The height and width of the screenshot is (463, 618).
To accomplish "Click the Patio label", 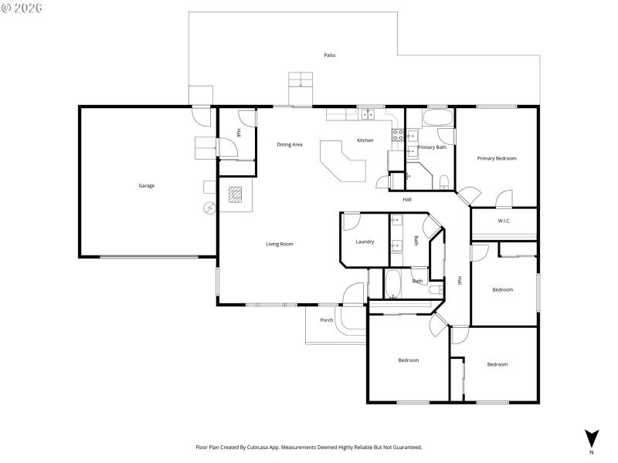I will [x=330, y=55].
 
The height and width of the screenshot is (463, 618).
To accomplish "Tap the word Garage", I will [x=147, y=185].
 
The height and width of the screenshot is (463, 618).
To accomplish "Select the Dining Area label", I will [x=290, y=144].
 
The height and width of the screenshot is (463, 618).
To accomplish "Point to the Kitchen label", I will [x=365, y=140].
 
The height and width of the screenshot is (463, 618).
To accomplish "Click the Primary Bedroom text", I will [x=497, y=158].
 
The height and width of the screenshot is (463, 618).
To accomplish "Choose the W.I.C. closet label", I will [x=504, y=221].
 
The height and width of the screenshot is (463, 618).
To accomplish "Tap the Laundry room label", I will [x=365, y=242].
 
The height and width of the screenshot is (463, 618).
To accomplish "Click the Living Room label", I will [x=280, y=244].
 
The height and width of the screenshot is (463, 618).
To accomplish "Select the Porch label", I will [x=327, y=319].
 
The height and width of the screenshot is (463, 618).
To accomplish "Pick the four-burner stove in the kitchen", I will [x=398, y=135].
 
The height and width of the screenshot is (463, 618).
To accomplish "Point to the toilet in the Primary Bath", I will [x=443, y=183].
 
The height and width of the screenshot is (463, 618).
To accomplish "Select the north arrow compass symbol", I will [x=592, y=438].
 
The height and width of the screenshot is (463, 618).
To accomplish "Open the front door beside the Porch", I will [x=352, y=295].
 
